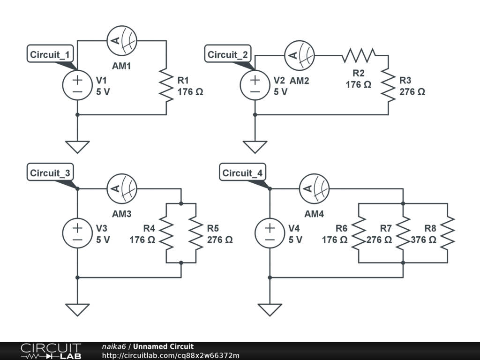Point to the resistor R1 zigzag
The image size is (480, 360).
pos(166,85)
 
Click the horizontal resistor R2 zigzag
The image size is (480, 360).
pos(359,55)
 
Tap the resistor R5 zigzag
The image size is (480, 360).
pos(196,233)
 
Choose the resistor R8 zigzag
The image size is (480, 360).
pos(448,233)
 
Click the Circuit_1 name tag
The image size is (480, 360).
pos(50,54)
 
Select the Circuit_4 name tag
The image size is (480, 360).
pos(242,173)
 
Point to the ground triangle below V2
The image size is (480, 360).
pos(255,147)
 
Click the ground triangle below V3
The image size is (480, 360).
pos(77,309)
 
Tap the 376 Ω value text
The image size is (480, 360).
pos(423,240)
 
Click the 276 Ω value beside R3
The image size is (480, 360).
pos(412,91)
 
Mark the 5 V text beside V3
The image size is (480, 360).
pos(103,240)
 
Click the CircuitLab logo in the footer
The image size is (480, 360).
pos(51,351)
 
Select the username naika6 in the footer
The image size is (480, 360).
pos(113,346)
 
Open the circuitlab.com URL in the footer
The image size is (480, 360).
pos(171,355)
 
